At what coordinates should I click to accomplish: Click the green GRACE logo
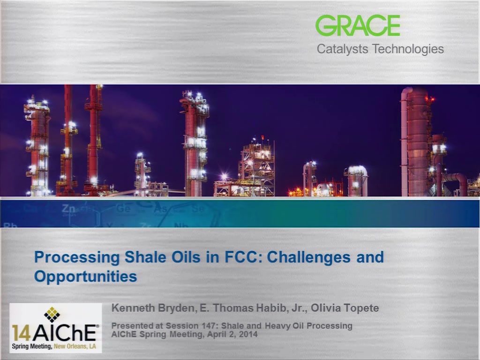[x=358, y=26]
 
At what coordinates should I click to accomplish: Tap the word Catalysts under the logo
[x=342, y=49]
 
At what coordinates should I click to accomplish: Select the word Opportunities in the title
[x=85, y=277]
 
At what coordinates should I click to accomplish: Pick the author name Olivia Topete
[x=345, y=308]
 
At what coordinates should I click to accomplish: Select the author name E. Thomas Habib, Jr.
[x=253, y=308]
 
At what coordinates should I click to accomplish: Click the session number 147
[x=209, y=326]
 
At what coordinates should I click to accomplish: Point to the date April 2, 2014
[x=232, y=334]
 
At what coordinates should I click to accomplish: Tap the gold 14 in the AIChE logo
[x=21, y=333]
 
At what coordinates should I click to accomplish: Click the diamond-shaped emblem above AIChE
[x=52, y=314]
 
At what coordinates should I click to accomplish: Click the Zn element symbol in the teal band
[x=68, y=209]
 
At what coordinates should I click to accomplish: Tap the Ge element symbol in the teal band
[x=123, y=209]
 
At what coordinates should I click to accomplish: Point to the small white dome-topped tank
[x=357, y=180]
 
